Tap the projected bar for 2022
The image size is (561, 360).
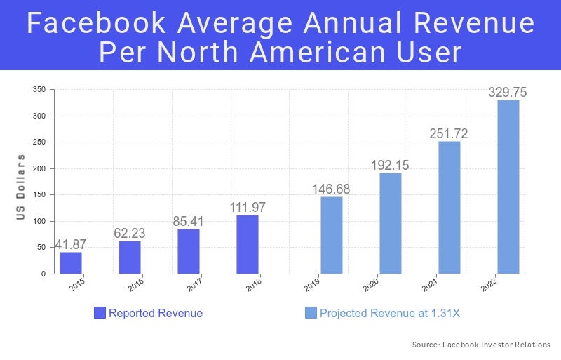pos(508,187)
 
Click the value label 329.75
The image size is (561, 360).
pos(508,92)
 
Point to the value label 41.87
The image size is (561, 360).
pos(71,244)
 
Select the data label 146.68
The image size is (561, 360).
pos(332,189)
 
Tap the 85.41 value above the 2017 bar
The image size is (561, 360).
pos(189,221)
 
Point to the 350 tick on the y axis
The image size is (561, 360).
pos(39,90)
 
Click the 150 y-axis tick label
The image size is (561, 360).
pos(39,195)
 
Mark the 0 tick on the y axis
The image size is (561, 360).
pos(43,274)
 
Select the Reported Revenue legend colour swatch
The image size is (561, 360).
pos(100,313)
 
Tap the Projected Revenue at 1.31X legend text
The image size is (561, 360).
pos(390,314)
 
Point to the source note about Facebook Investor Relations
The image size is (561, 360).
pos(481,345)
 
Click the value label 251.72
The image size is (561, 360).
pos(450,133)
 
